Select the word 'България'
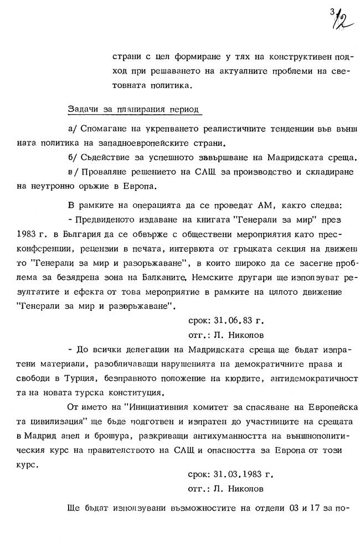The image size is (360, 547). click(110, 233)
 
